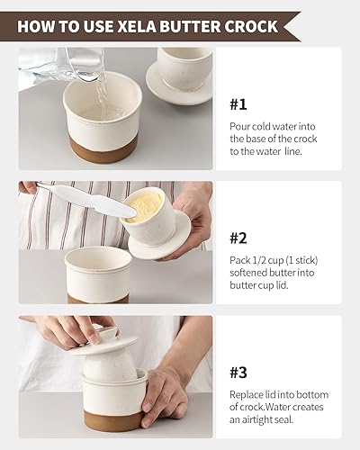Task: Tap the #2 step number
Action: coord(238,238)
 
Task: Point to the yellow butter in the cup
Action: coord(144,206)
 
